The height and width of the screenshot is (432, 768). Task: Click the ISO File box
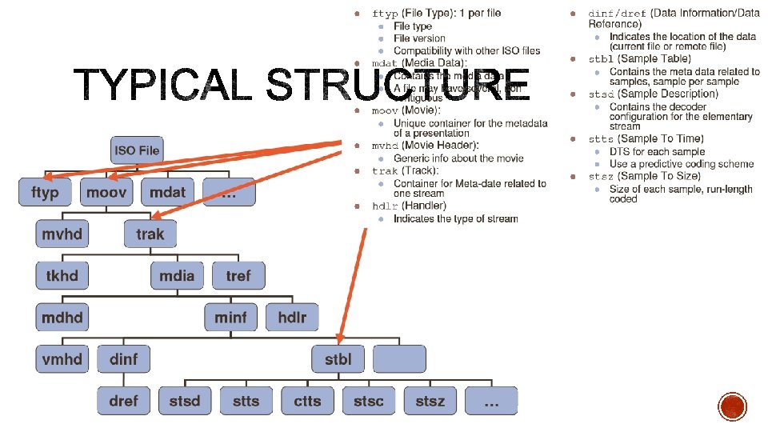point(137,150)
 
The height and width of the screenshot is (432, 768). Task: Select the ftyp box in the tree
point(45,193)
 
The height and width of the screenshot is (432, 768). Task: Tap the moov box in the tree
point(106,193)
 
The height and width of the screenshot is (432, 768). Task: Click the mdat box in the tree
point(168,193)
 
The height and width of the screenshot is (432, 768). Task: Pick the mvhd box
point(62,234)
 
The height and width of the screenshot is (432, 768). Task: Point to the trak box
point(150,234)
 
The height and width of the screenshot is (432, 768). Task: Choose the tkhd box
point(62,276)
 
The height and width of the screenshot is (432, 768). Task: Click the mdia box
point(177,276)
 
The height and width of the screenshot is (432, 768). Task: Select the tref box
point(238,276)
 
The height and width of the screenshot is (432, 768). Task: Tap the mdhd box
point(62,318)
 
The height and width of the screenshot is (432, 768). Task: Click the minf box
point(230,318)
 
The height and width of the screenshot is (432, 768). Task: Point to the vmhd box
point(62,359)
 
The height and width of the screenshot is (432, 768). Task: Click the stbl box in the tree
point(338,359)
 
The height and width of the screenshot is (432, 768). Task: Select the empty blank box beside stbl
point(399,359)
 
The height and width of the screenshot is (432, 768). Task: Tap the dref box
point(123,401)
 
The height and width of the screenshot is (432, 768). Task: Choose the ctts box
point(307,401)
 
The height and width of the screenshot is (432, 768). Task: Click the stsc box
point(369,401)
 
